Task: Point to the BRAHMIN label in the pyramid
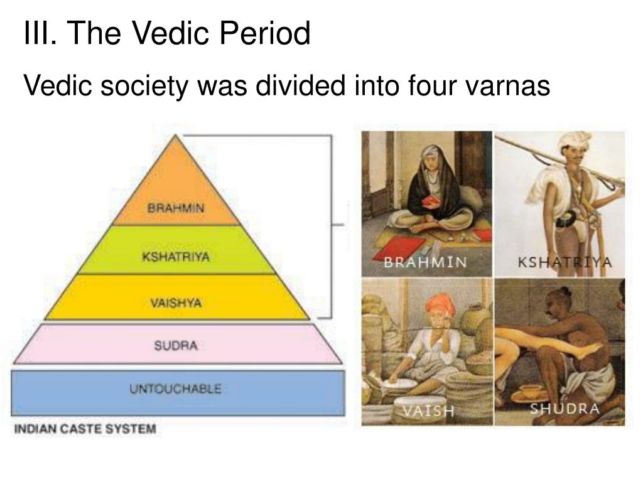[176, 208]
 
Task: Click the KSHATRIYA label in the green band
[176, 257]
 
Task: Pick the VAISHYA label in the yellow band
[176, 303]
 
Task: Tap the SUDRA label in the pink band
[176, 345]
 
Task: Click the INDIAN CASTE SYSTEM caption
[85, 430]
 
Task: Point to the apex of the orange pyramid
[177, 137]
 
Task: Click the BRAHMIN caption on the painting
[425, 262]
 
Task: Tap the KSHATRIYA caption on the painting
[564, 262]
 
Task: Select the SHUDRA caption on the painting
[565, 409]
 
